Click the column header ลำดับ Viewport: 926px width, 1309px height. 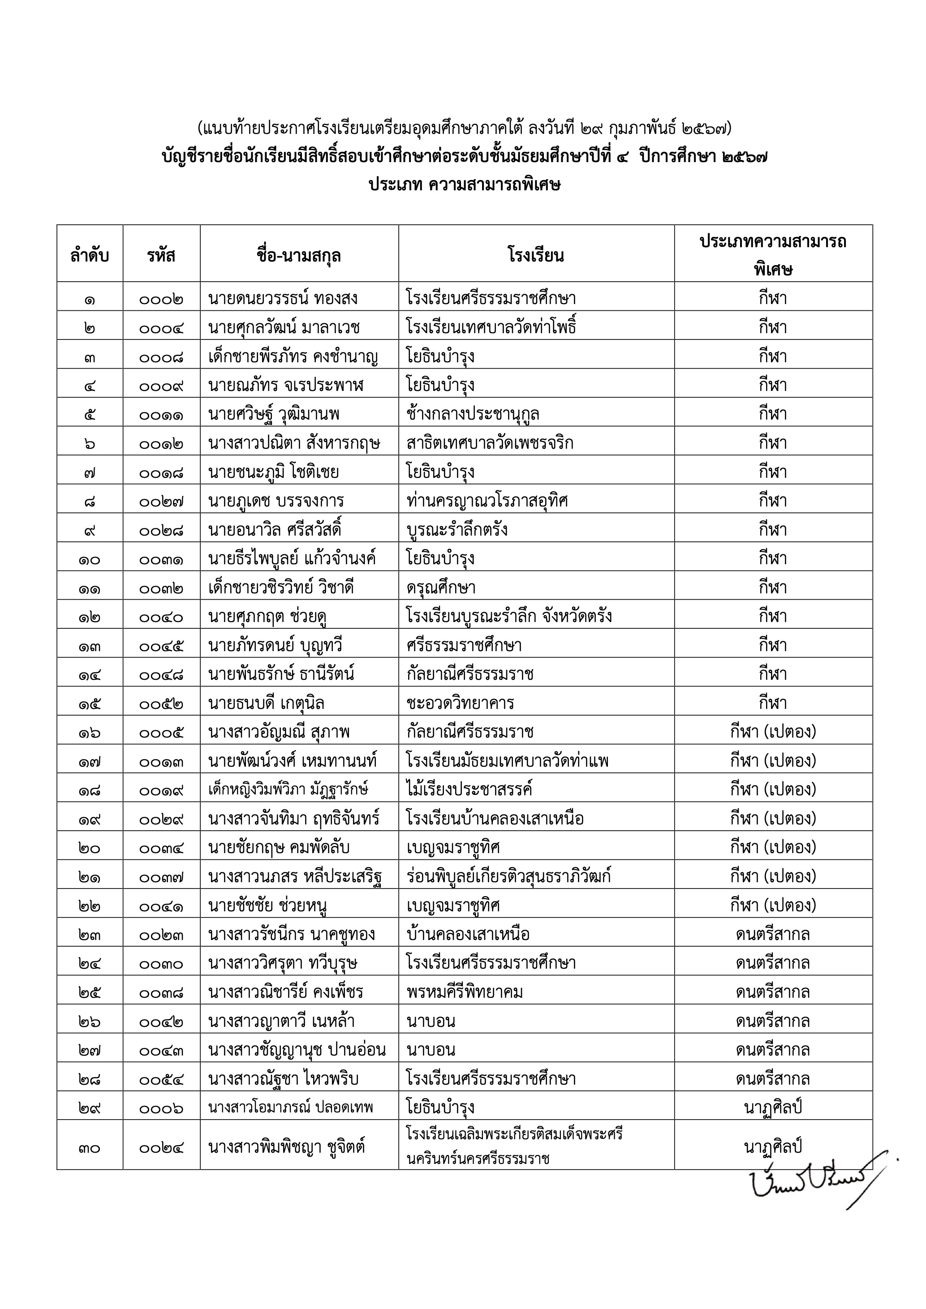coord(90,255)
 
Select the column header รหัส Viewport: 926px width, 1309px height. coord(161,255)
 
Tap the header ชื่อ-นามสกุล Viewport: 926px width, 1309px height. coord(299,255)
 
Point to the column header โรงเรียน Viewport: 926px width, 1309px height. coord(535,255)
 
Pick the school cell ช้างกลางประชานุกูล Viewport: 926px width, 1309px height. coord(473,414)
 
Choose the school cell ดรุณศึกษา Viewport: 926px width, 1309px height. coord(441,587)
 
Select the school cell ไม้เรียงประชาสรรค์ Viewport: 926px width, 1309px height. coord(469,790)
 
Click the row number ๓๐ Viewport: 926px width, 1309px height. coord(90,1147)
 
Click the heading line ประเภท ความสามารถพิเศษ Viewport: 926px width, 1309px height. coord(464,185)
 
